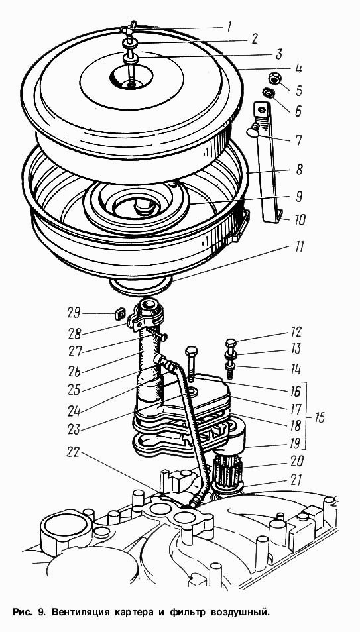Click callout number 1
pyautogui.click(x=229, y=27)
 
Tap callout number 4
pyautogui.click(x=298, y=67)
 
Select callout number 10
pyautogui.click(x=299, y=219)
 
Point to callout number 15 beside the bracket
pyautogui.click(x=319, y=417)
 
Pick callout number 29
pyautogui.click(x=74, y=313)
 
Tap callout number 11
pyautogui.click(x=298, y=246)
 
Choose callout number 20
pyautogui.click(x=296, y=460)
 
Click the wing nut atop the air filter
pyautogui.click(x=128, y=28)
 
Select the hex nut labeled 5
pyautogui.click(x=275, y=79)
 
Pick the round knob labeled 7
pyautogui.click(x=253, y=131)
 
